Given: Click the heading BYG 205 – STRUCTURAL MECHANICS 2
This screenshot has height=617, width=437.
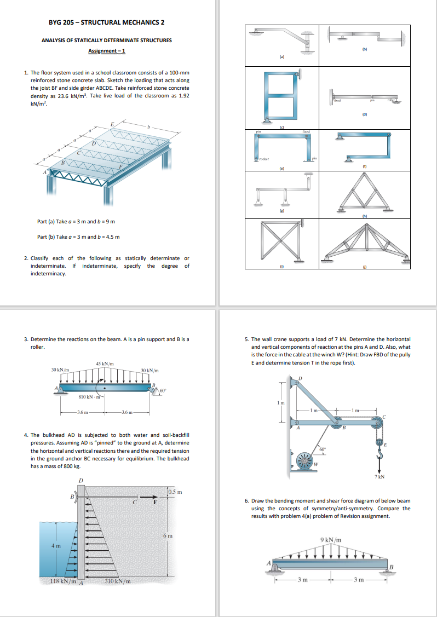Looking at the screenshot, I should (x=106, y=22).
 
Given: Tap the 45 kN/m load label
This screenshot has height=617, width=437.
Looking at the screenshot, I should (x=105, y=364).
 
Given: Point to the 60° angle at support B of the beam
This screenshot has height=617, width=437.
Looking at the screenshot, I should (x=163, y=390).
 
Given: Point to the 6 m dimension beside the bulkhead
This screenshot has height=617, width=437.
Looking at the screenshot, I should (x=170, y=535).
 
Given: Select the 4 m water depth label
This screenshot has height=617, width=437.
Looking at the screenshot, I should (x=55, y=545).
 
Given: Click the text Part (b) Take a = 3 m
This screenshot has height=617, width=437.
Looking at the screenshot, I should (x=78, y=237).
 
